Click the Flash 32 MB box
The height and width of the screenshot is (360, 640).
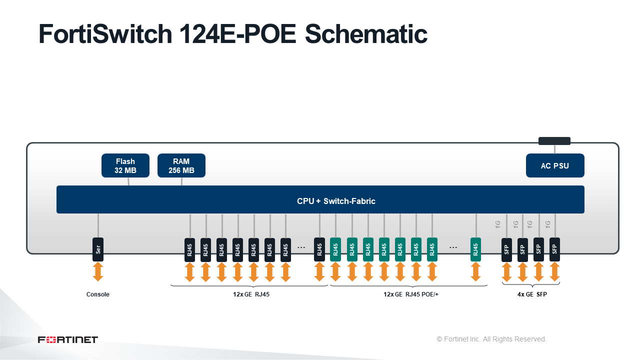[x=125, y=165]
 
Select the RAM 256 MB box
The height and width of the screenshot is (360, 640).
[x=181, y=165]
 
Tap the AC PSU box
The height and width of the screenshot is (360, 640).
[x=555, y=165]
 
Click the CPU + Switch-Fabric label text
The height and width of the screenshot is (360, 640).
[x=336, y=201]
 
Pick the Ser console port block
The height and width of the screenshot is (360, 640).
[x=98, y=249]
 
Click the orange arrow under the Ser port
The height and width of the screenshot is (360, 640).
[x=98, y=272]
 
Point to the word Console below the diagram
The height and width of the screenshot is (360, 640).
[x=97, y=294]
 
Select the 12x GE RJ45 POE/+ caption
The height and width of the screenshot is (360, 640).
[x=411, y=294]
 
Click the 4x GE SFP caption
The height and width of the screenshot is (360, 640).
[x=532, y=294]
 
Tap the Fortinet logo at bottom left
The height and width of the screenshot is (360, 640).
[x=68, y=339]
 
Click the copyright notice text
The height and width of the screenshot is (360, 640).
[x=491, y=339]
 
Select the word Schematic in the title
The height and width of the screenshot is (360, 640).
[x=366, y=34]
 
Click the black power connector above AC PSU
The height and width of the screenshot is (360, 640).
[x=554, y=141]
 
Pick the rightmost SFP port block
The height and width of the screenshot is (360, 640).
[x=554, y=249]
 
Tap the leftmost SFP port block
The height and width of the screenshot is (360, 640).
[x=506, y=249]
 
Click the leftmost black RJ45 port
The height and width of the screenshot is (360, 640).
[x=189, y=249]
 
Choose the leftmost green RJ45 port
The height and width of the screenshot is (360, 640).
[x=335, y=249]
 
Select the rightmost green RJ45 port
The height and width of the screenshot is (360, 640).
[x=475, y=249]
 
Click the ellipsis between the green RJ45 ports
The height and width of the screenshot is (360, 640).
[x=453, y=247]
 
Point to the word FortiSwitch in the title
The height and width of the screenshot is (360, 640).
[x=105, y=34]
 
